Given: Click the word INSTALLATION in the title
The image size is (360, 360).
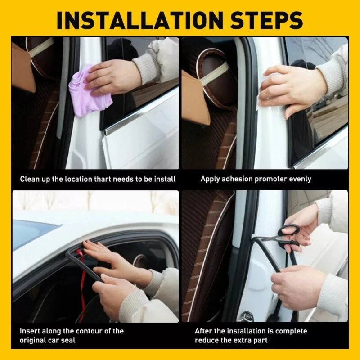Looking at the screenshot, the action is click(x=140, y=20).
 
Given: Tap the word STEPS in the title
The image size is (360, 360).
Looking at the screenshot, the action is click(x=266, y=20).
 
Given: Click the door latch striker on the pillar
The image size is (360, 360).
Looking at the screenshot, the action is click(x=245, y=316).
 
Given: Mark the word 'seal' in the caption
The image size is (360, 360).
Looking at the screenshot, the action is click(x=68, y=340).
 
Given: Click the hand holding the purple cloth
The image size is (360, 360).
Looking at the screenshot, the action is click(x=110, y=77).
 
